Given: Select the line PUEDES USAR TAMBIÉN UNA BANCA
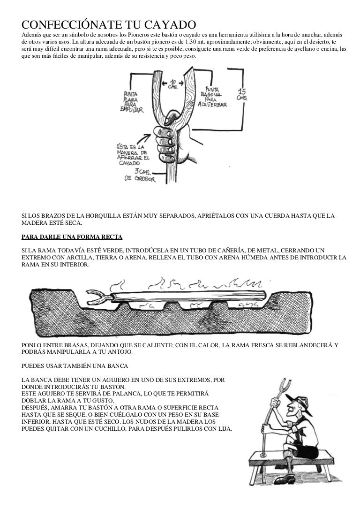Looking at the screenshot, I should (x=73, y=365).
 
